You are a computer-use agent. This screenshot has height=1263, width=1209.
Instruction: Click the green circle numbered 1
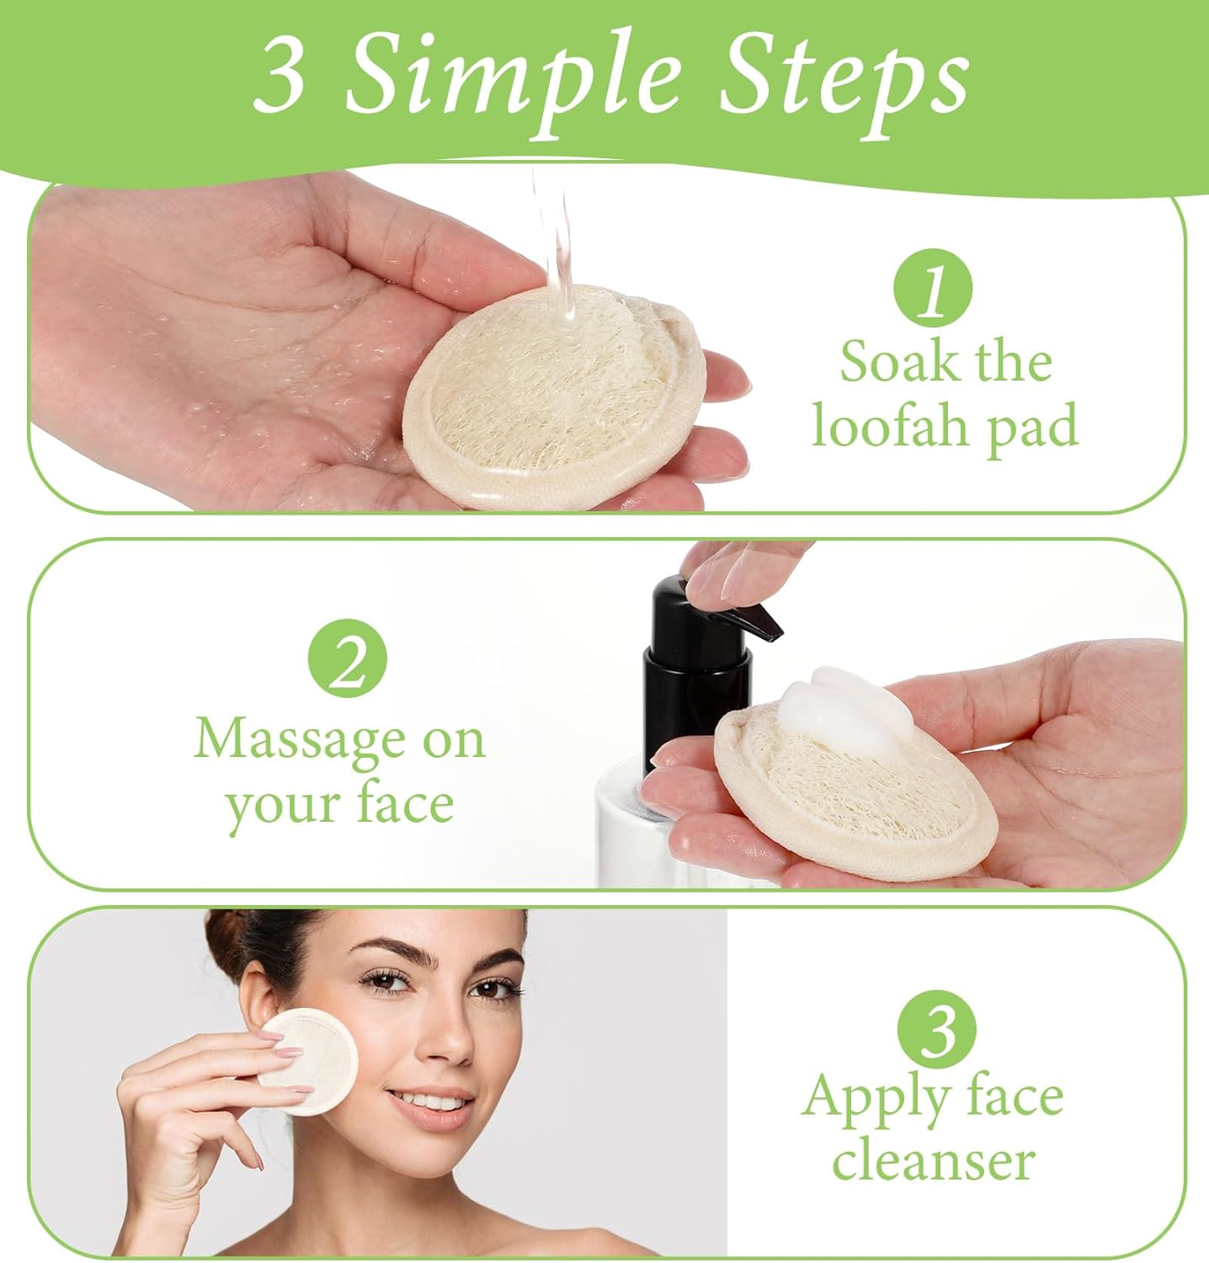tap(932, 290)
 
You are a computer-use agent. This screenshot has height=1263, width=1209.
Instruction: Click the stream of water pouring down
tap(556, 244)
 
